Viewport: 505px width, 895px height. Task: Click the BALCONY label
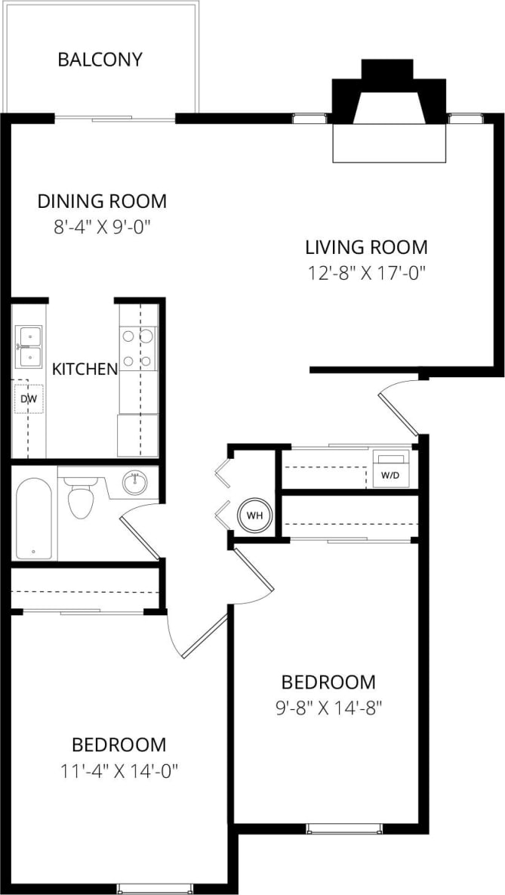coord(100,60)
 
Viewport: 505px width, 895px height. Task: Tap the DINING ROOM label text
coord(102,201)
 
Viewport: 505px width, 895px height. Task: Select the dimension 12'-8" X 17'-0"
coord(366,272)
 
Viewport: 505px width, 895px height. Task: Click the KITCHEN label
coord(85,369)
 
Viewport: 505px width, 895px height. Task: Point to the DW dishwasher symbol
coord(29,398)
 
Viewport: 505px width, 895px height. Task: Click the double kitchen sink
coord(29,346)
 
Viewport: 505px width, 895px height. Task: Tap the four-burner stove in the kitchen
coord(138,348)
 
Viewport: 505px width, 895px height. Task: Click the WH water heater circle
coord(254,516)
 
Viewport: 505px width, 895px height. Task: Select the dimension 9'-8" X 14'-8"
coord(328,708)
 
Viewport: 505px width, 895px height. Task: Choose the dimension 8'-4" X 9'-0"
coord(102,226)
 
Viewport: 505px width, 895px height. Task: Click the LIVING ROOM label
coord(366,246)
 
